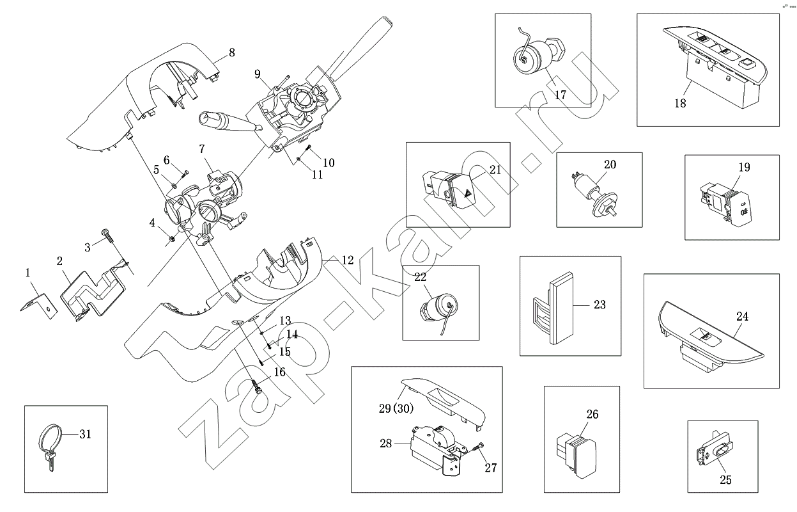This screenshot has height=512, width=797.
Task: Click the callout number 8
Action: pyautogui.click(x=231, y=51)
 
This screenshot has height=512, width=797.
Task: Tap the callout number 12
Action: pyautogui.click(x=347, y=260)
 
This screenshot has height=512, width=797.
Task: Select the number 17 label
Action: pyautogui.click(x=561, y=95)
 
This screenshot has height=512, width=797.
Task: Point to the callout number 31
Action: pyautogui.click(x=86, y=434)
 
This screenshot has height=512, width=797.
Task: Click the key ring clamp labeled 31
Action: pyautogui.click(x=51, y=444)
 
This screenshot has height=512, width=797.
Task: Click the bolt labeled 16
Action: pyautogui.click(x=258, y=387)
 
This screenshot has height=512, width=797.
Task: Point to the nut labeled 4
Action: pyautogui.click(x=172, y=240)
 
